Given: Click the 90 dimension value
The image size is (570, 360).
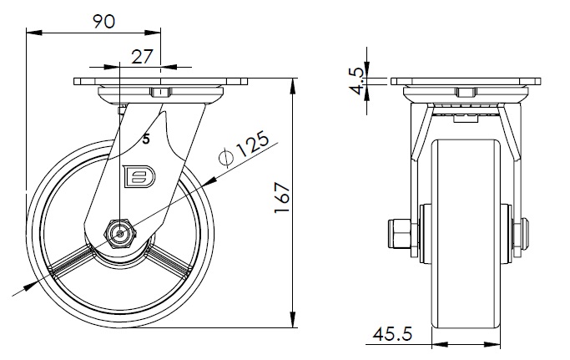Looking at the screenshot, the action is tap(104, 22).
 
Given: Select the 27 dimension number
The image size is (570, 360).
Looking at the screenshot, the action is tap(142, 57).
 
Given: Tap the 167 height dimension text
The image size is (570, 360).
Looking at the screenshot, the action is tap(282, 198).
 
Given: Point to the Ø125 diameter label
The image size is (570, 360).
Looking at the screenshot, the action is tap(245, 148).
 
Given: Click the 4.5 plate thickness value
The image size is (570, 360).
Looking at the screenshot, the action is tap(360, 81).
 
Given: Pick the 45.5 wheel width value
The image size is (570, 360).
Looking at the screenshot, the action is tap(392, 334).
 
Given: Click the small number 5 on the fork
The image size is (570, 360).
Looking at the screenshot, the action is tap(146, 139).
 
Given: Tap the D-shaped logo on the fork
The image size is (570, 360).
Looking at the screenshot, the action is tap(139, 176).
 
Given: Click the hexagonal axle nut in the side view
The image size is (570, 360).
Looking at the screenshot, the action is tap(120, 234).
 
